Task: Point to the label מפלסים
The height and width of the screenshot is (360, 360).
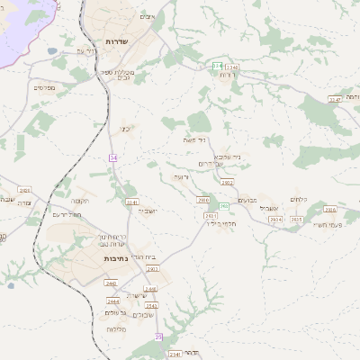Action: click(45, 87)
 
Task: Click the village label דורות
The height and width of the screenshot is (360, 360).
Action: click(227, 74)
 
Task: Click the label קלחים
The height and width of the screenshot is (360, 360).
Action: click(300, 199)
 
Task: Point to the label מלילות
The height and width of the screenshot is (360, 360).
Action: click(115, 329)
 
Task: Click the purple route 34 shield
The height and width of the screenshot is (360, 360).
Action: click(113, 157)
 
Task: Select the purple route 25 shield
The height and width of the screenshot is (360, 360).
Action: click(159, 336)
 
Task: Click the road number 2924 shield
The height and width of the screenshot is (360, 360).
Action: click(275, 219)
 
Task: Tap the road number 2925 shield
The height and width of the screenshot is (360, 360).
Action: click(297, 219)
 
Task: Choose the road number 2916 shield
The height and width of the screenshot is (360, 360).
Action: click(329, 210)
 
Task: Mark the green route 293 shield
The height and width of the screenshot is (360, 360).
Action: click(224, 206)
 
